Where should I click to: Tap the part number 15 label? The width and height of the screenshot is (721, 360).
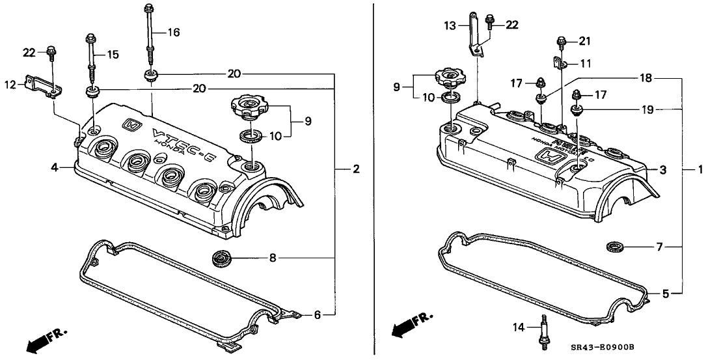113,55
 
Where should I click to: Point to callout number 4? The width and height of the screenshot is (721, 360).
57,169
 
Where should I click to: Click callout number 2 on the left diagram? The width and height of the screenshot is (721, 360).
356,170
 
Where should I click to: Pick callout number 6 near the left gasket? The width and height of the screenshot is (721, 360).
317,314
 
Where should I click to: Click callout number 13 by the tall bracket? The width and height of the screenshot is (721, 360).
450,26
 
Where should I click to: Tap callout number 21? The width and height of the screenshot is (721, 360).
584,42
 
